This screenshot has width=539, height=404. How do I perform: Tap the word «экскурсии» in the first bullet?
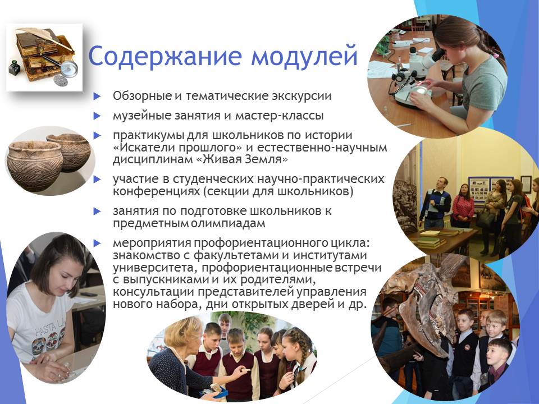tap(302, 96)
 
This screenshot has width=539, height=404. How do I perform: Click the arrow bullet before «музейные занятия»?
tap(97, 116)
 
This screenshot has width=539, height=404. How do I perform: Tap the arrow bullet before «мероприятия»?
tap(97, 244)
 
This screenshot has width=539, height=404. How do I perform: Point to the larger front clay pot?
tap(35, 165)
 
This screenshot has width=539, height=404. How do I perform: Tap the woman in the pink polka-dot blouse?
tap(463, 206)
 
